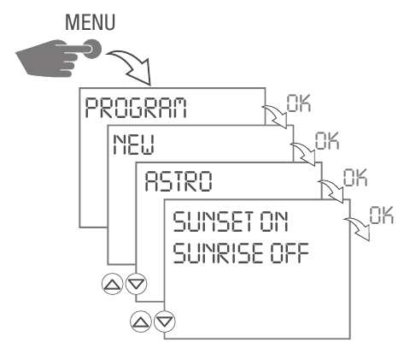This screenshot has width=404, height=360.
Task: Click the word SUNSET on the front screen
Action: click(200, 224)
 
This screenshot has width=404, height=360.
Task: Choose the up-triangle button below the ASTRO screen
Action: click(141, 322)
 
